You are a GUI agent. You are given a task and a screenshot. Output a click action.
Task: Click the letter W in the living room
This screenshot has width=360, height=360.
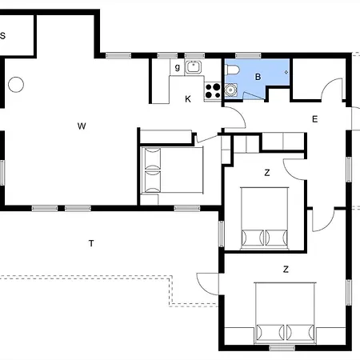[82, 126]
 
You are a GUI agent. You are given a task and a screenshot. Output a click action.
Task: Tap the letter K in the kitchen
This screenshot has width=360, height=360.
[188, 99]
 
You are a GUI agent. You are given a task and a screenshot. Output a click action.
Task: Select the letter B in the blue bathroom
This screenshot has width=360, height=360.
[258, 77]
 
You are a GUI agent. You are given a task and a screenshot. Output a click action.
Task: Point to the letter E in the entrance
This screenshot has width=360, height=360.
[315, 119]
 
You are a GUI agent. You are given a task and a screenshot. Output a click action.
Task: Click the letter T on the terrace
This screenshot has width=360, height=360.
[91, 243]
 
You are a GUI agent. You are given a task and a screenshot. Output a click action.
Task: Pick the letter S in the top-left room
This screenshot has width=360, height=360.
[2, 35]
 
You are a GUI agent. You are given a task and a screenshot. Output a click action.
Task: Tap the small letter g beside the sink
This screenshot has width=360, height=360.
[178, 67]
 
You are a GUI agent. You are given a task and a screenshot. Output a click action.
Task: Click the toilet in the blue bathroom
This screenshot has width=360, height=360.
[232, 70]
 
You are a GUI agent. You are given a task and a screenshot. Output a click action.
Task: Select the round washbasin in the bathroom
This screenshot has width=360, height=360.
[230, 90]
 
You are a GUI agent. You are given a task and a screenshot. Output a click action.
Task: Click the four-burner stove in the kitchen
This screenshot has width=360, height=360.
[213, 91]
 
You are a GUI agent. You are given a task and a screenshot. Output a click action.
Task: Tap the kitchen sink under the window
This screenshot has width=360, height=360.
[194, 67]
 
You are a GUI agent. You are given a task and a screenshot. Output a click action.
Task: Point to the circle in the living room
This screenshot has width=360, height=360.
[16, 85]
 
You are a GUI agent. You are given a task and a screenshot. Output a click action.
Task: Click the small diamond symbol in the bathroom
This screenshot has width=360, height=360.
[286, 72]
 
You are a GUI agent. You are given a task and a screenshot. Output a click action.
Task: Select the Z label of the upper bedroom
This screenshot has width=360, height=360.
[267, 173]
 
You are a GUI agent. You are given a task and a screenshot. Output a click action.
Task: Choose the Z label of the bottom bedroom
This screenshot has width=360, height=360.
[286, 270]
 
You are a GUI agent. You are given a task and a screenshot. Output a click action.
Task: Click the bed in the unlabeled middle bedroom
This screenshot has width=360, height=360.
[172, 170]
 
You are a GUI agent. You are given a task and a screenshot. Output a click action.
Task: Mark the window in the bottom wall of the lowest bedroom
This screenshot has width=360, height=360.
[282, 348]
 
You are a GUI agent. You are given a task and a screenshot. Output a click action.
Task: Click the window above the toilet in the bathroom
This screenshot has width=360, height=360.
[248, 55]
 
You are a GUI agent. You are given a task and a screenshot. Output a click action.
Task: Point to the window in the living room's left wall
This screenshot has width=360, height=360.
[2, 173]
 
